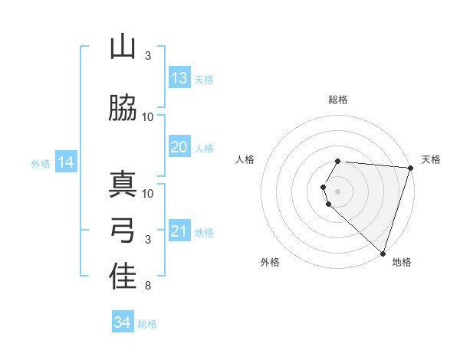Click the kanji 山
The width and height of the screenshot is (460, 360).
(123, 47)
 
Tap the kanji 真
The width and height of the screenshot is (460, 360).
(123, 185)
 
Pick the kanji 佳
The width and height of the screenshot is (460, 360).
(123, 277)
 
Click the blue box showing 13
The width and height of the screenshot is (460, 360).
(179, 78)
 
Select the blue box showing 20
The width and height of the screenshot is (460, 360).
(179, 147)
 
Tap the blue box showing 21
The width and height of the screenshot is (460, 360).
(179, 231)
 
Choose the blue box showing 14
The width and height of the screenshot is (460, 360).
(66, 162)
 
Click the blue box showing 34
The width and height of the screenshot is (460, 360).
(123, 322)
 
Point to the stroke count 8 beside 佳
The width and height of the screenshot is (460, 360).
(147, 286)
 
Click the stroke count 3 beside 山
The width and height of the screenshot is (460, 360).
(148, 56)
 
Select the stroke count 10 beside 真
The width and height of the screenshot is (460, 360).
(148, 193)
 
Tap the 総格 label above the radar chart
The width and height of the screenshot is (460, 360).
(338, 100)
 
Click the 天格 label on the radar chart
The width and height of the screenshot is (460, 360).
(431, 159)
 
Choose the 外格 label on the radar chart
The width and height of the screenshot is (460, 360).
(270, 262)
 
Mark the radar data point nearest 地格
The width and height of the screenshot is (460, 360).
(383, 253)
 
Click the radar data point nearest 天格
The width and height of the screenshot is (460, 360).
(410, 168)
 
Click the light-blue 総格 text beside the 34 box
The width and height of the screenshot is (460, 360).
(148, 324)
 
